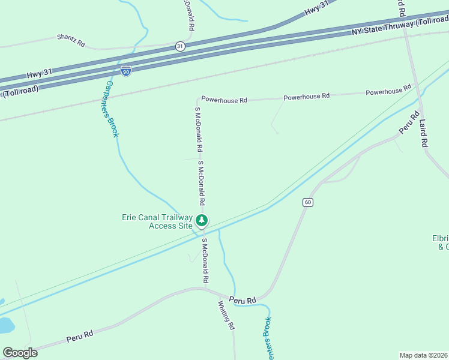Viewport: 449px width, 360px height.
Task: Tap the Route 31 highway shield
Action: coord(180,46)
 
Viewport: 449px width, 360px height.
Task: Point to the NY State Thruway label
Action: coord(399,25)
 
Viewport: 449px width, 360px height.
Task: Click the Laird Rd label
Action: coord(423,133)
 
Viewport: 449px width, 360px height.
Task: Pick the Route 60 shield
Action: coord(307,202)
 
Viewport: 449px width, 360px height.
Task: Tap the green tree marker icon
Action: coord(202,220)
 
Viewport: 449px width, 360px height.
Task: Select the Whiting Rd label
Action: coord(226,315)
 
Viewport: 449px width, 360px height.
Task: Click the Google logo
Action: coord(20,353)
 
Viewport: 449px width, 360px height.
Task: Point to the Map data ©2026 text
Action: coord(423,355)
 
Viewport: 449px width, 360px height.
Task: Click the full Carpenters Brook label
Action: coord(108,109)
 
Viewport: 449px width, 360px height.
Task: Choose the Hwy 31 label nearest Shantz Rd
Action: coord(40,74)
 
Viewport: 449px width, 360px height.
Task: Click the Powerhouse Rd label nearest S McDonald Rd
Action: coord(224,99)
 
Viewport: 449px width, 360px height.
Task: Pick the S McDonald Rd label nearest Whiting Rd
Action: coord(205,261)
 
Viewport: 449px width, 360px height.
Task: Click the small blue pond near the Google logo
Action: coord(5,325)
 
